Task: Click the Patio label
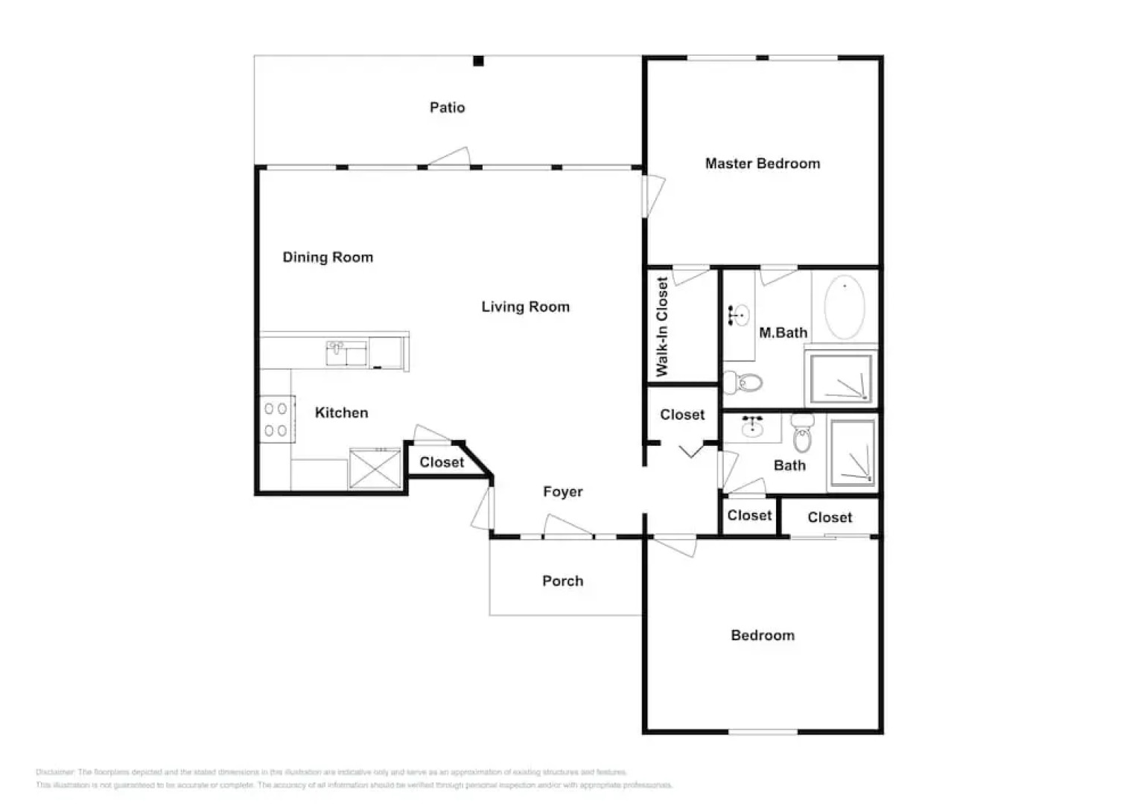(x=447, y=108)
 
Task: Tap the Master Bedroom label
(x=762, y=164)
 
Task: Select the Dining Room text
(x=328, y=258)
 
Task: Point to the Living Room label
(x=525, y=307)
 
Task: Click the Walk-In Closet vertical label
(x=662, y=326)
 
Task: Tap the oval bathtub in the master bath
(x=845, y=307)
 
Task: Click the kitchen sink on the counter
(x=346, y=353)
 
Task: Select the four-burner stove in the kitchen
(x=276, y=419)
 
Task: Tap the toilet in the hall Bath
(x=802, y=435)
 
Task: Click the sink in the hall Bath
(x=752, y=427)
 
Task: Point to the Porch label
(x=562, y=581)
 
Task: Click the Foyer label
(x=562, y=492)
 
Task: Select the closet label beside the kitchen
(x=442, y=462)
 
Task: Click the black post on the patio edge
(x=479, y=61)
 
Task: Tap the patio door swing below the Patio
(x=449, y=157)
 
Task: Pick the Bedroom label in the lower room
(x=762, y=636)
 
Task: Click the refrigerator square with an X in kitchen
(x=375, y=469)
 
